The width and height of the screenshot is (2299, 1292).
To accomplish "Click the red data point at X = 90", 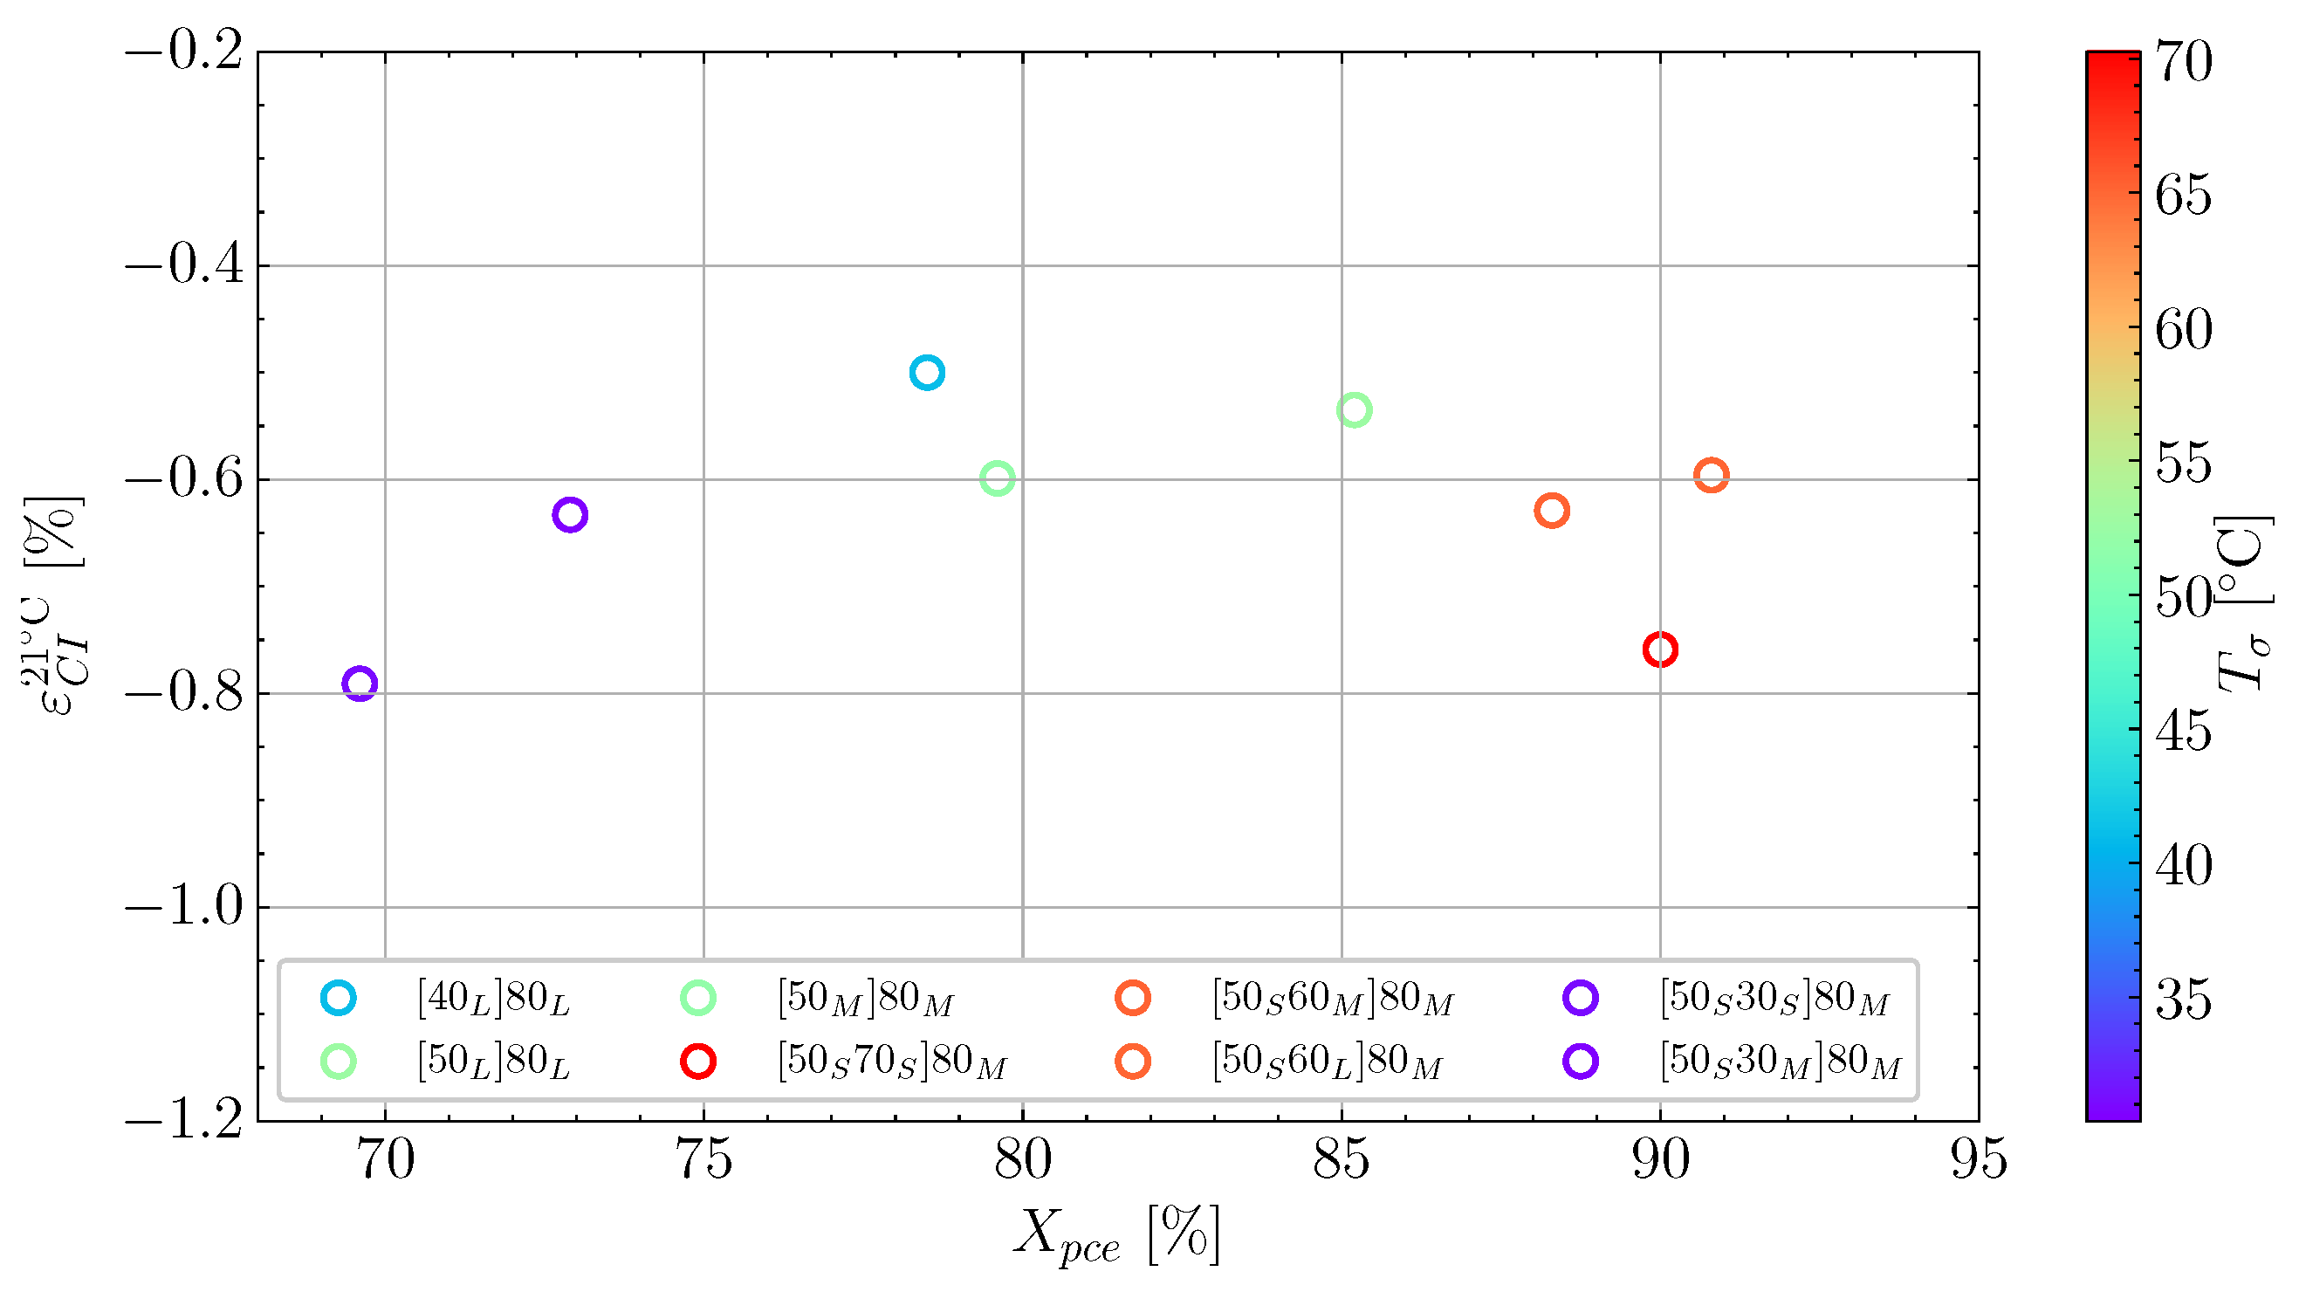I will [1659, 649].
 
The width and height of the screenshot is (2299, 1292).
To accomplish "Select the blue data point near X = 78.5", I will [927, 373].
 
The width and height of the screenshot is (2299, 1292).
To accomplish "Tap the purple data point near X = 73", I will [569, 514].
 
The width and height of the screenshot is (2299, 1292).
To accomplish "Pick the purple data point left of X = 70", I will [359, 684].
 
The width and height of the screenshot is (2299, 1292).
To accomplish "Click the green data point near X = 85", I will [1354, 409].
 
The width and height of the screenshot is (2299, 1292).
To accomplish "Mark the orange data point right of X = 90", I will [1711, 475].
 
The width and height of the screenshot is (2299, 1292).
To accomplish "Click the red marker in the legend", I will [698, 1062].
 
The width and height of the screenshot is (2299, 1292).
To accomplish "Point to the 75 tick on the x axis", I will [703, 1160].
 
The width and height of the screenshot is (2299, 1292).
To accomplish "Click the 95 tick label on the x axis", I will [1979, 1160].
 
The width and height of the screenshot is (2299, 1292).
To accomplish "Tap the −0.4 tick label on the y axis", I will [185, 266].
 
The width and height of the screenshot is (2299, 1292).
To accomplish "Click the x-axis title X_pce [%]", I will [1115, 1236].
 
